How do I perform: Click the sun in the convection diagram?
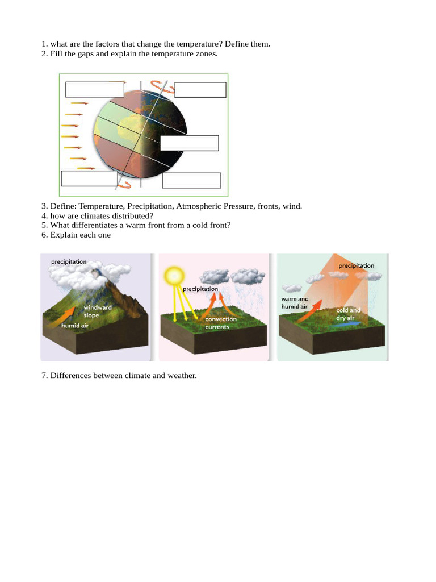point(173,276)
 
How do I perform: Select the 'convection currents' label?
point(221,323)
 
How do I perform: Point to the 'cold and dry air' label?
point(348,314)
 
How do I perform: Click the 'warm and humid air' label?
point(295,303)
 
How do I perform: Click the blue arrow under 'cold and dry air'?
point(346,326)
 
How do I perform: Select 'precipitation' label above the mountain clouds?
point(69,261)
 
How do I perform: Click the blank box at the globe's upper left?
point(94,90)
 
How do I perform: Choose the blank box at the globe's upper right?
point(200,90)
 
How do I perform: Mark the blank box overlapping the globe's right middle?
point(189,143)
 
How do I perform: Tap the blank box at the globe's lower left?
point(89,178)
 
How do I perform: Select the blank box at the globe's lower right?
point(191,180)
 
